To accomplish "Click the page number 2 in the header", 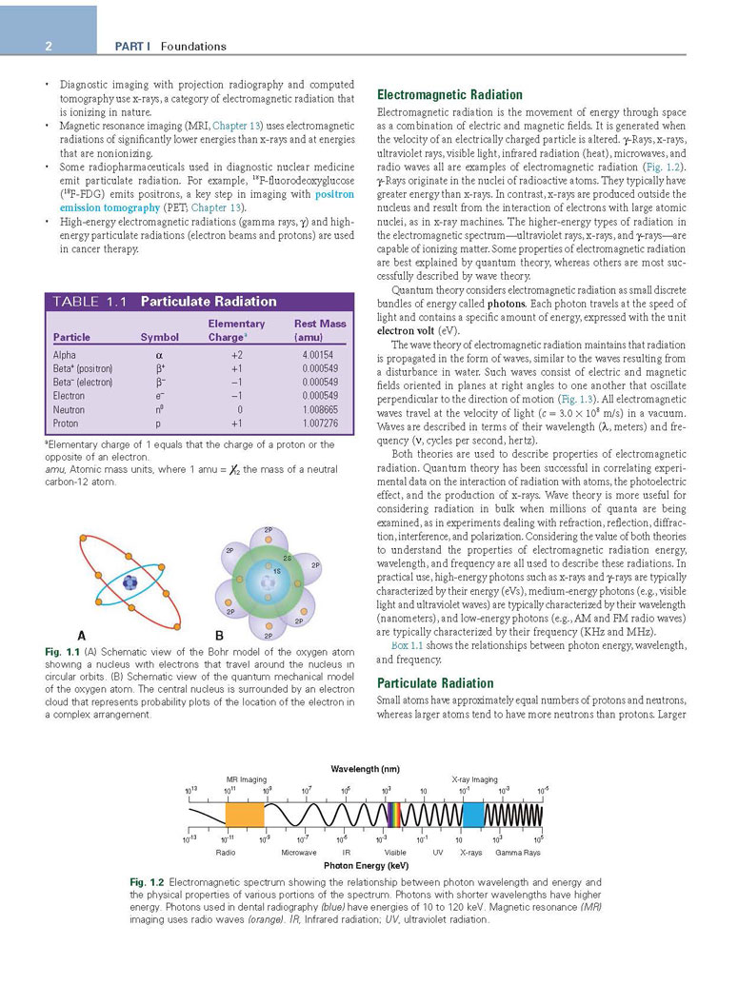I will [x=48, y=46].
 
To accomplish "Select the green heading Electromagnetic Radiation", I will [x=449, y=95].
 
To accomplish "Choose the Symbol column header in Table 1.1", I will [x=159, y=337].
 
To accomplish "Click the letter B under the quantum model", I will [x=219, y=635].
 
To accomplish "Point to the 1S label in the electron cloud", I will [x=275, y=569].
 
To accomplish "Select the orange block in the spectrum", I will [x=244, y=814].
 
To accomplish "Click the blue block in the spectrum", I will [x=473, y=814].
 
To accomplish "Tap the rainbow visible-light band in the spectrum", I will [x=391, y=814].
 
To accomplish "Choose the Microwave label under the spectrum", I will [x=298, y=852].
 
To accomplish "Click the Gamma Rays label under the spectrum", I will [x=518, y=852].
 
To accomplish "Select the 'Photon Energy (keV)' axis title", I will [x=367, y=865].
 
